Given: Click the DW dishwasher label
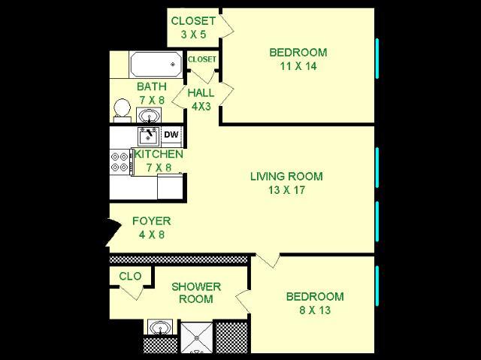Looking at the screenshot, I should coord(171,135).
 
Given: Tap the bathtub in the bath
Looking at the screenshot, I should coord(156,65).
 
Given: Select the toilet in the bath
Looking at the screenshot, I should coord(120,110).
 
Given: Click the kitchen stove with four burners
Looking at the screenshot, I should coord(119,161).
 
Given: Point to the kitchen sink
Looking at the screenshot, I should coord(147,136).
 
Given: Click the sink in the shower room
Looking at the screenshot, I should coord(160,328).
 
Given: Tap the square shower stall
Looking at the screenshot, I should coord(196,335).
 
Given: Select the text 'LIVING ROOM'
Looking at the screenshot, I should coord(286,177).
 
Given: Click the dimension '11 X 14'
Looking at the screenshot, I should coord(298,66).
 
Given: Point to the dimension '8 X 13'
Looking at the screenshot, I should coord(315,310).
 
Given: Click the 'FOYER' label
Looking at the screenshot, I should coord(151,221).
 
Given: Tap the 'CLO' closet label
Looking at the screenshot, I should coord(130,277).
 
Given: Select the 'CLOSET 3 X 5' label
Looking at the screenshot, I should coord(193,27).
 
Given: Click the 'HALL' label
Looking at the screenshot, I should coord(201,93).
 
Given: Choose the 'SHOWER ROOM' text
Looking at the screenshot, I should coord(196,292).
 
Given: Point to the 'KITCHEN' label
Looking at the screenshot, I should coord(158,154).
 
